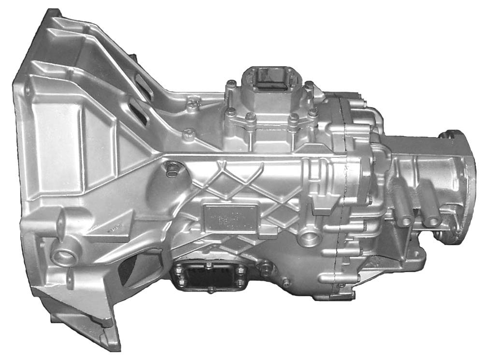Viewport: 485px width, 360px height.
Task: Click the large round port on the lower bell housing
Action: [61, 256]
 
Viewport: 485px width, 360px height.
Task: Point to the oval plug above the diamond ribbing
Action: [171, 168]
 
